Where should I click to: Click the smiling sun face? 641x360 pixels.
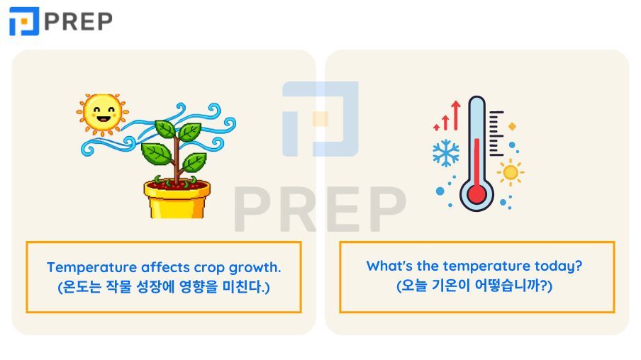point(102,113)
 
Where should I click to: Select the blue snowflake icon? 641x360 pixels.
point(445,153)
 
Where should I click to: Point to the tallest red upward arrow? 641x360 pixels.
point(456,116)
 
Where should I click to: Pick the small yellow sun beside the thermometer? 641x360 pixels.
point(511,172)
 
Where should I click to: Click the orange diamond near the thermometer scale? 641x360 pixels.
point(512,126)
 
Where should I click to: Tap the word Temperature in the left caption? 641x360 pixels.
point(92,267)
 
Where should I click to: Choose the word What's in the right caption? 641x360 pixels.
point(389,266)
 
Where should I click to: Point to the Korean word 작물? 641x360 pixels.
point(119,286)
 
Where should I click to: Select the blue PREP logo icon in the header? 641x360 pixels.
point(24,21)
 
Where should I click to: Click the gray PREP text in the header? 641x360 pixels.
point(78,21)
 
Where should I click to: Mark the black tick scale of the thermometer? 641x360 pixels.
point(496,133)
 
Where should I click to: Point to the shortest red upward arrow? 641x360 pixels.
point(437,127)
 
